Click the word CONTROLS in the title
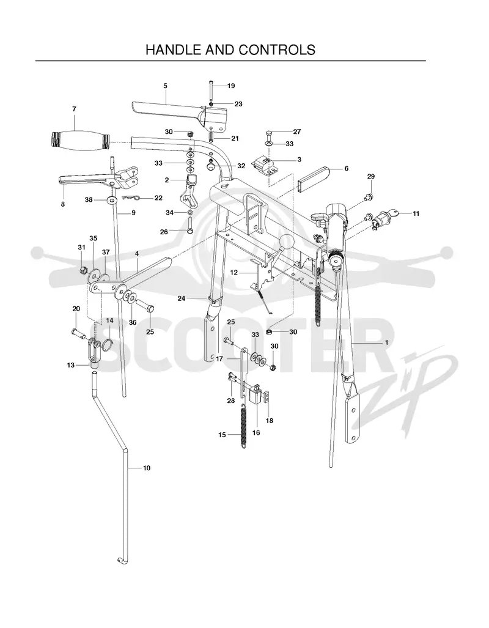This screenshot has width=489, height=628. [277, 50]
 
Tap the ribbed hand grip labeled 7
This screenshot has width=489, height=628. [80, 141]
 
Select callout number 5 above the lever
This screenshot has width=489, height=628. [166, 86]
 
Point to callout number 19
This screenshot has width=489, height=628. [231, 86]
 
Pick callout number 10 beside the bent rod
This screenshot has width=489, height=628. [147, 468]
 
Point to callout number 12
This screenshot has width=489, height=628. [234, 272]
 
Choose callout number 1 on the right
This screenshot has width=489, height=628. [386, 342]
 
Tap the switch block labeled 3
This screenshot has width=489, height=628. [263, 166]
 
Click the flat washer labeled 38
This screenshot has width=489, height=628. [112, 199]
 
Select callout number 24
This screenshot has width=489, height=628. [182, 298]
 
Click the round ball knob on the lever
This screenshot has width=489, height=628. [286, 243]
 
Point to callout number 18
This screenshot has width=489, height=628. [270, 421]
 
